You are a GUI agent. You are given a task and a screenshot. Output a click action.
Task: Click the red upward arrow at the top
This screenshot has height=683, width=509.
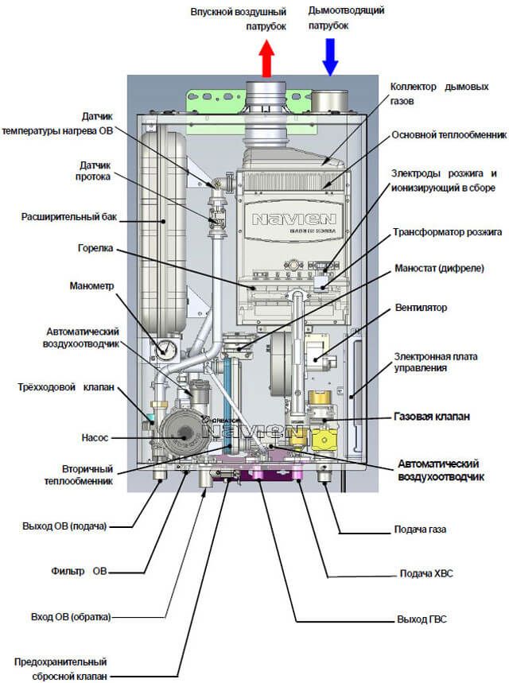tap(266, 59)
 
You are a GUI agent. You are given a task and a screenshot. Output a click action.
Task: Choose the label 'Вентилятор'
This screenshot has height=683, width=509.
tap(421, 307)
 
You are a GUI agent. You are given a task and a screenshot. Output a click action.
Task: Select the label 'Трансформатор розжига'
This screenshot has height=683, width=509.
tap(448, 233)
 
